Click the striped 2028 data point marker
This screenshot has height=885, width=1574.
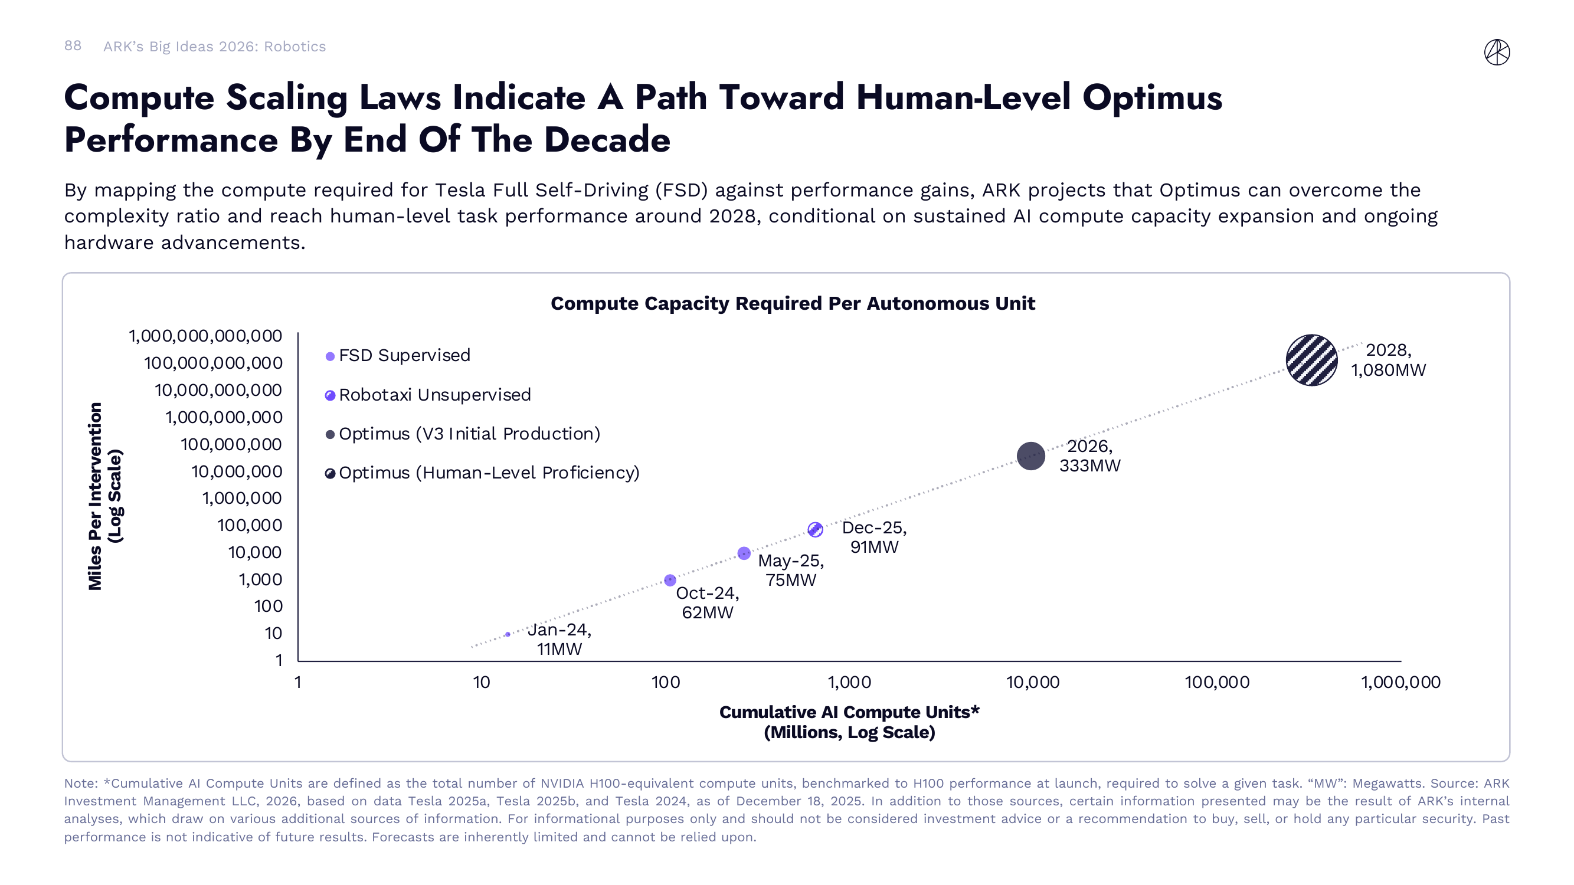(1311, 360)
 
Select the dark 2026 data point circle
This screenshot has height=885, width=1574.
(1030, 455)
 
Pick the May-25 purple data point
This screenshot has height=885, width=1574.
(744, 553)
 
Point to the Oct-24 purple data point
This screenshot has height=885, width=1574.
(670, 579)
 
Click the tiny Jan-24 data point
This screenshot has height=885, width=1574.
(508, 634)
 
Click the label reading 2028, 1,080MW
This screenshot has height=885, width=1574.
(1388, 360)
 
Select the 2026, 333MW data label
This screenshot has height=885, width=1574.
(1089, 455)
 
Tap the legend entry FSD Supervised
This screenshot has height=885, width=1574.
(404, 355)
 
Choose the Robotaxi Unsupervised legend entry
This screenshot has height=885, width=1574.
(434, 395)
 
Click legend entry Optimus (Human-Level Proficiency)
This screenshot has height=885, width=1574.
(488, 473)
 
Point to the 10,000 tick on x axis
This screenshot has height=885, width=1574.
(1033, 682)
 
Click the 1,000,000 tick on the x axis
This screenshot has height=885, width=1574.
(1400, 682)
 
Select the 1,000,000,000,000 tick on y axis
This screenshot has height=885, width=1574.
(205, 336)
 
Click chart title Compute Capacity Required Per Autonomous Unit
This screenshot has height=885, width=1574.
(793, 303)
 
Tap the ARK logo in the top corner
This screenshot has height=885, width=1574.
(1497, 52)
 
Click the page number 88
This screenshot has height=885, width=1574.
(73, 46)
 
